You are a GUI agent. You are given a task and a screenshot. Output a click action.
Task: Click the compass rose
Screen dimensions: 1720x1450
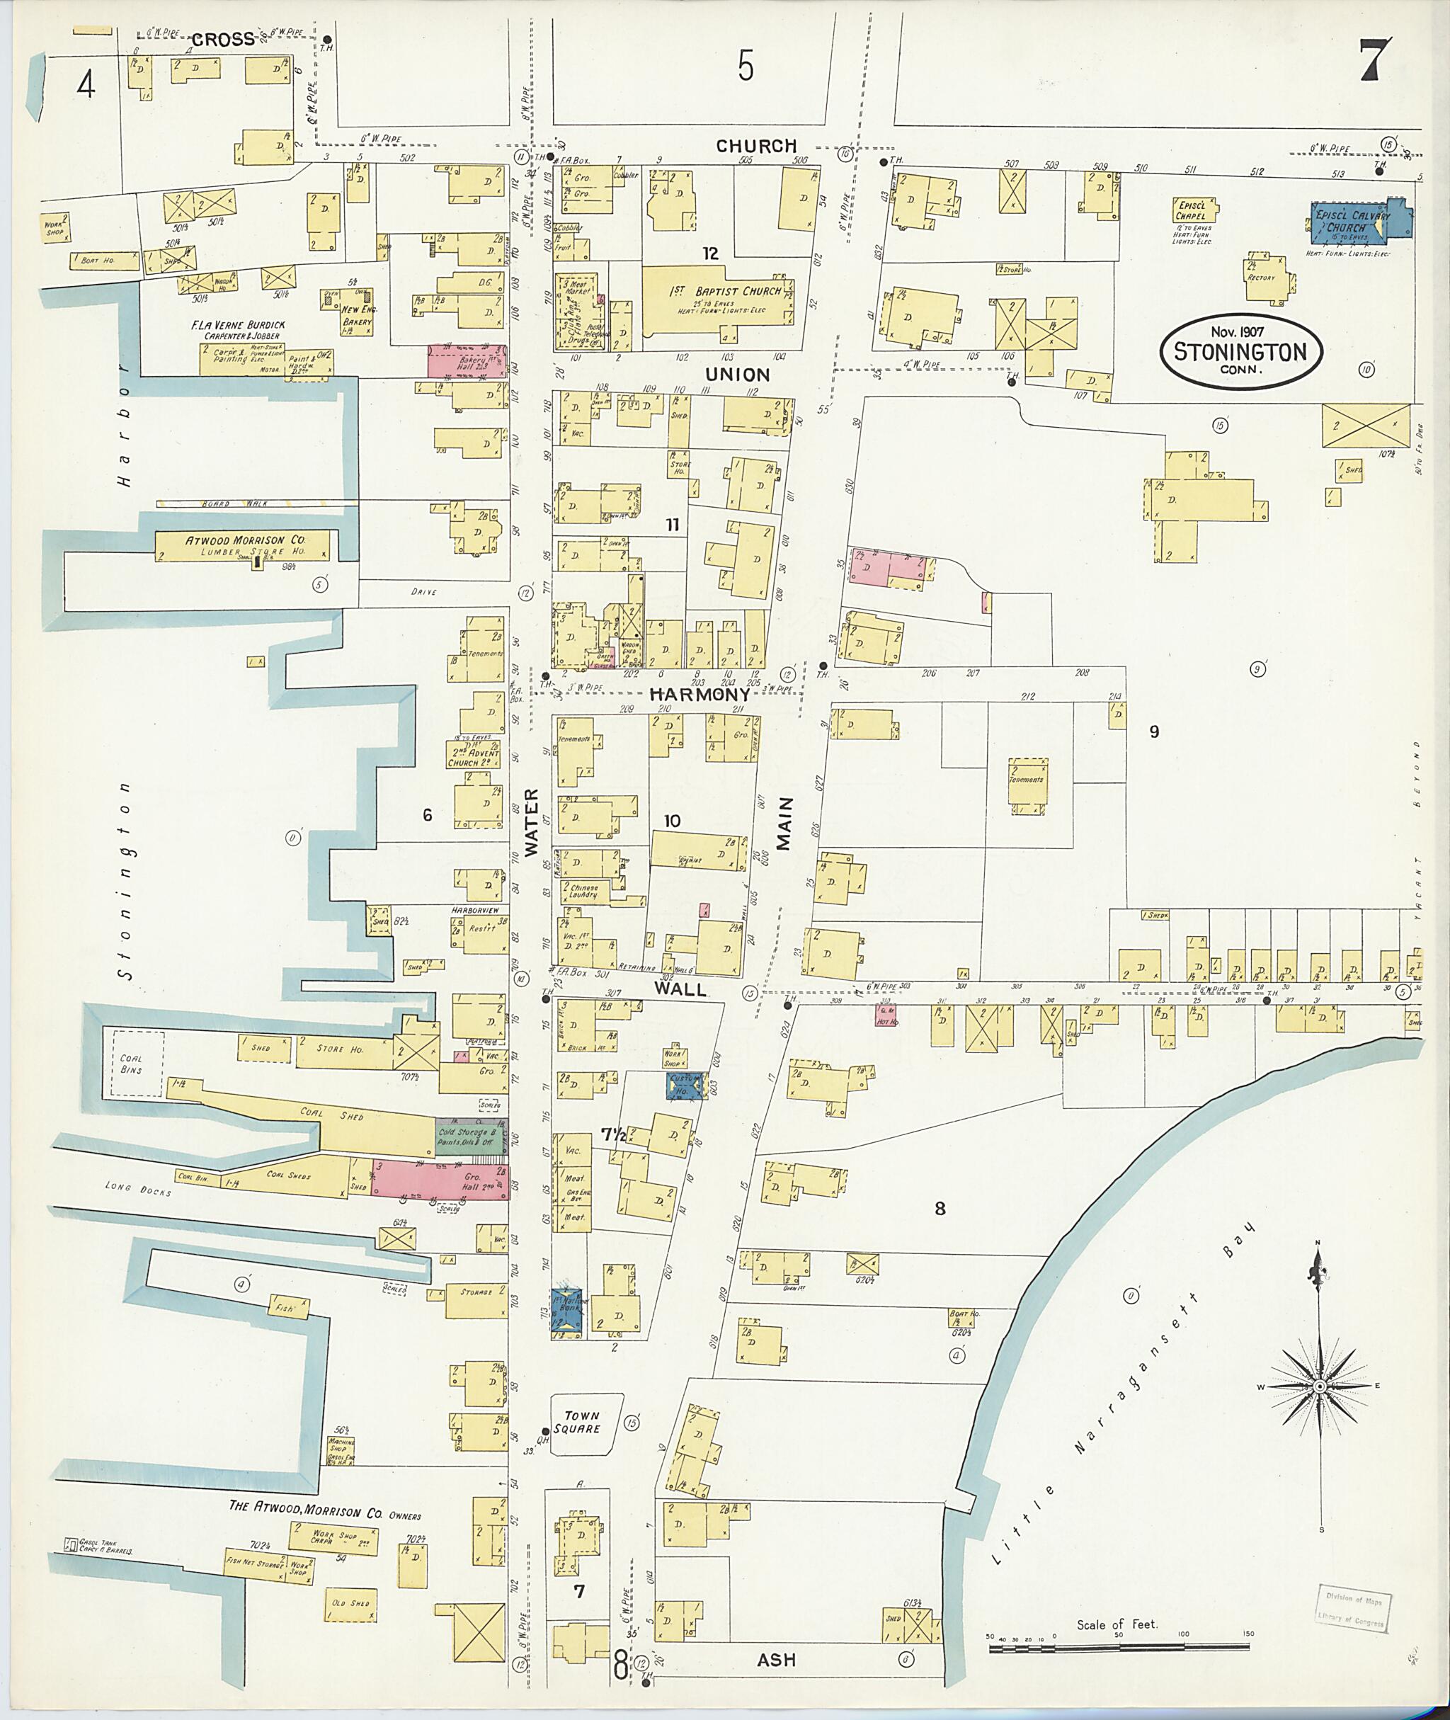click(x=1319, y=1386)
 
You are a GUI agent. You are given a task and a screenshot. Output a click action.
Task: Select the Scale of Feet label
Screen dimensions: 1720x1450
click(x=1117, y=1623)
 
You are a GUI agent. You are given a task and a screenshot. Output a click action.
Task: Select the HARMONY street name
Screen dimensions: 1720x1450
click(x=699, y=695)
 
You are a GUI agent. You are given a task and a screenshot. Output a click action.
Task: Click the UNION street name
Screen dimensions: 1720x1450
click(x=737, y=375)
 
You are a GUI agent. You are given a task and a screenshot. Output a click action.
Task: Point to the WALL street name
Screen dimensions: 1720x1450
click(x=680, y=989)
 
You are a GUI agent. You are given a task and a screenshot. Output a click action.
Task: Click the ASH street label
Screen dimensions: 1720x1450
click(x=776, y=1660)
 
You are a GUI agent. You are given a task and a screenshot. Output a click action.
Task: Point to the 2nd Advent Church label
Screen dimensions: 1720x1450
click(x=475, y=756)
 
